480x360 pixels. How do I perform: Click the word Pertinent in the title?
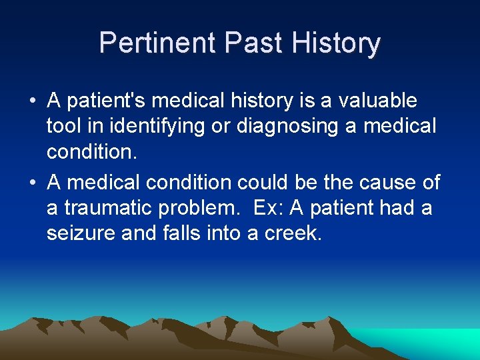(x=158, y=43)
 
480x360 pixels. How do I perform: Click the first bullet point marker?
(x=32, y=101)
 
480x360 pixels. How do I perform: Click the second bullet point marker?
(x=32, y=183)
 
